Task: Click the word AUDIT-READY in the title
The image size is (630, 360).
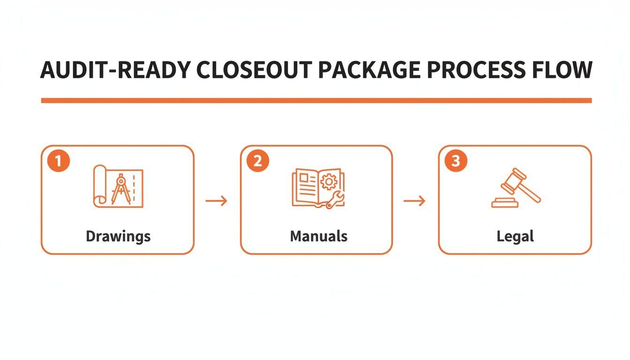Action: (115, 70)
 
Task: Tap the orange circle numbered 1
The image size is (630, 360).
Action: (59, 161)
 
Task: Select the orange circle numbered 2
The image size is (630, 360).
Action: (257, 161)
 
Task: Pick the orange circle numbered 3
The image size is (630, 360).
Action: (456, 161)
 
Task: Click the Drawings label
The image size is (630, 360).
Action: (118, 236)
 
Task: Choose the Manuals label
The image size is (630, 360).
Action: (319, 236)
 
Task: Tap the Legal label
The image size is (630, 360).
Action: (515, 236)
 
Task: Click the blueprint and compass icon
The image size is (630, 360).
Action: (119, 186)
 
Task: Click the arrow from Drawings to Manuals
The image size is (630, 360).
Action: (217, 201)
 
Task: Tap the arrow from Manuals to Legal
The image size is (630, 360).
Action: (415, 201)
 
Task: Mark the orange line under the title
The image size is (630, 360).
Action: (316, 100)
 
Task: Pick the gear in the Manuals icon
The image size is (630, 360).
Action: (329, 180)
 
